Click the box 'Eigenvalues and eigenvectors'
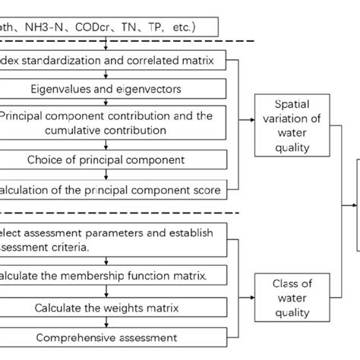(113, 89)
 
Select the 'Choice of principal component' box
(113, 160)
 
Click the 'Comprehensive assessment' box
(113, 336)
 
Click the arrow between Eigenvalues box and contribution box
(113, 103)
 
